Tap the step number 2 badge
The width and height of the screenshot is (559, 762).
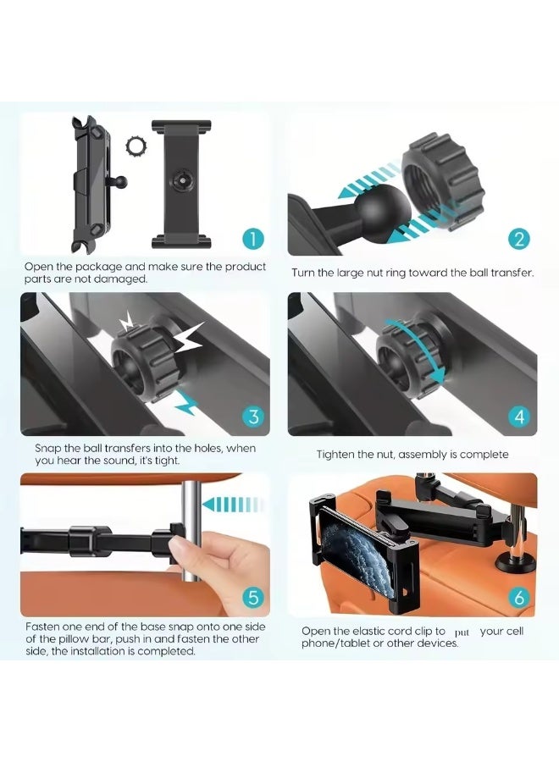519,239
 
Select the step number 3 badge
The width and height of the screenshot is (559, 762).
254,417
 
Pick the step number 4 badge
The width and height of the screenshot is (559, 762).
519,417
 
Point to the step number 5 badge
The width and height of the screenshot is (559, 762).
254,597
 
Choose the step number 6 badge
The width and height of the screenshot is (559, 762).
519,597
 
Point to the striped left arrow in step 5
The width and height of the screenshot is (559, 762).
230,504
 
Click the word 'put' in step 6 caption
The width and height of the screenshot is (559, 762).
462,632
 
